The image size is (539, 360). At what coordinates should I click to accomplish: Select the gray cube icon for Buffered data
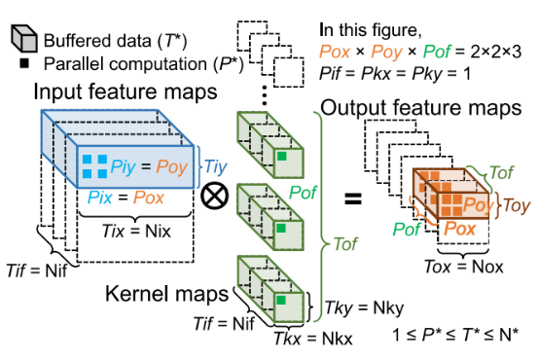point(22,39)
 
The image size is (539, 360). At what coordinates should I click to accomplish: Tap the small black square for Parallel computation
point(22,64)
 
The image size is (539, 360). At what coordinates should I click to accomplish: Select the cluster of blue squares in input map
point(93,166)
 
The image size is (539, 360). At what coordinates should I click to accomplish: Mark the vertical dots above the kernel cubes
point(264,92)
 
